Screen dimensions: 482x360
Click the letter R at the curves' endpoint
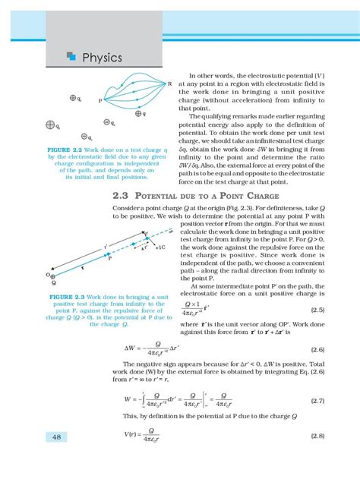169,83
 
